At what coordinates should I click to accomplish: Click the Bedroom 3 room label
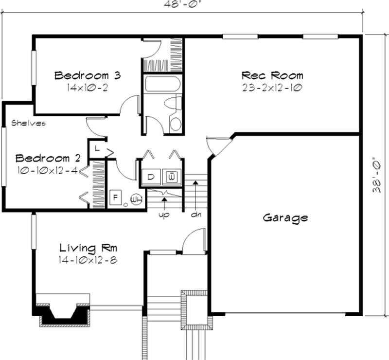coord(87,75)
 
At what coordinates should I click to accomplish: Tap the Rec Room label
coord(272,75)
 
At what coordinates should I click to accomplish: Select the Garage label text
coord(285,217)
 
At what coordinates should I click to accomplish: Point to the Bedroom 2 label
coord(48,158)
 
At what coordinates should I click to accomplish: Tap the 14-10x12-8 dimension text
coord(88,260)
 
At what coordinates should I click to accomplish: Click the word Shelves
coord(28,123)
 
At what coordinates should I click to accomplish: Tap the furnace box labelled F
coord(116,198)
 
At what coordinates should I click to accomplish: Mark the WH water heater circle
coord(137,198)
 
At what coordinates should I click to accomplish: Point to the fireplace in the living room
coord(62,311)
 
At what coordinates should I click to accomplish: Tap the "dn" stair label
coord(196,214)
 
